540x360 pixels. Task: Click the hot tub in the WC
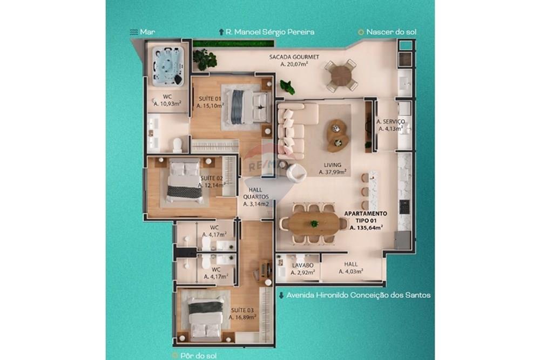coord(167,65)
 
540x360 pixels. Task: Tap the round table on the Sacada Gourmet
coord(341,75)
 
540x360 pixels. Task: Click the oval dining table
coord(314,222)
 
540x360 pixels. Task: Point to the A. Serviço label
coord(390,125)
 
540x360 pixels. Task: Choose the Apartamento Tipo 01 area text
coord(366,221)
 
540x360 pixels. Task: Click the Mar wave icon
coord(132,32)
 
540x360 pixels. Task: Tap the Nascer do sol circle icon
coord(360,32)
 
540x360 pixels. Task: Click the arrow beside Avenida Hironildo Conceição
coord(281,295)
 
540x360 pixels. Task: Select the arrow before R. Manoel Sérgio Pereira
coord(221,32)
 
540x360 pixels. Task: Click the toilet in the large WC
coord(177,144)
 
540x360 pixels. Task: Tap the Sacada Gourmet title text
coord(294,57)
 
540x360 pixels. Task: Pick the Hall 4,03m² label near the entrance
coord(350,268)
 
